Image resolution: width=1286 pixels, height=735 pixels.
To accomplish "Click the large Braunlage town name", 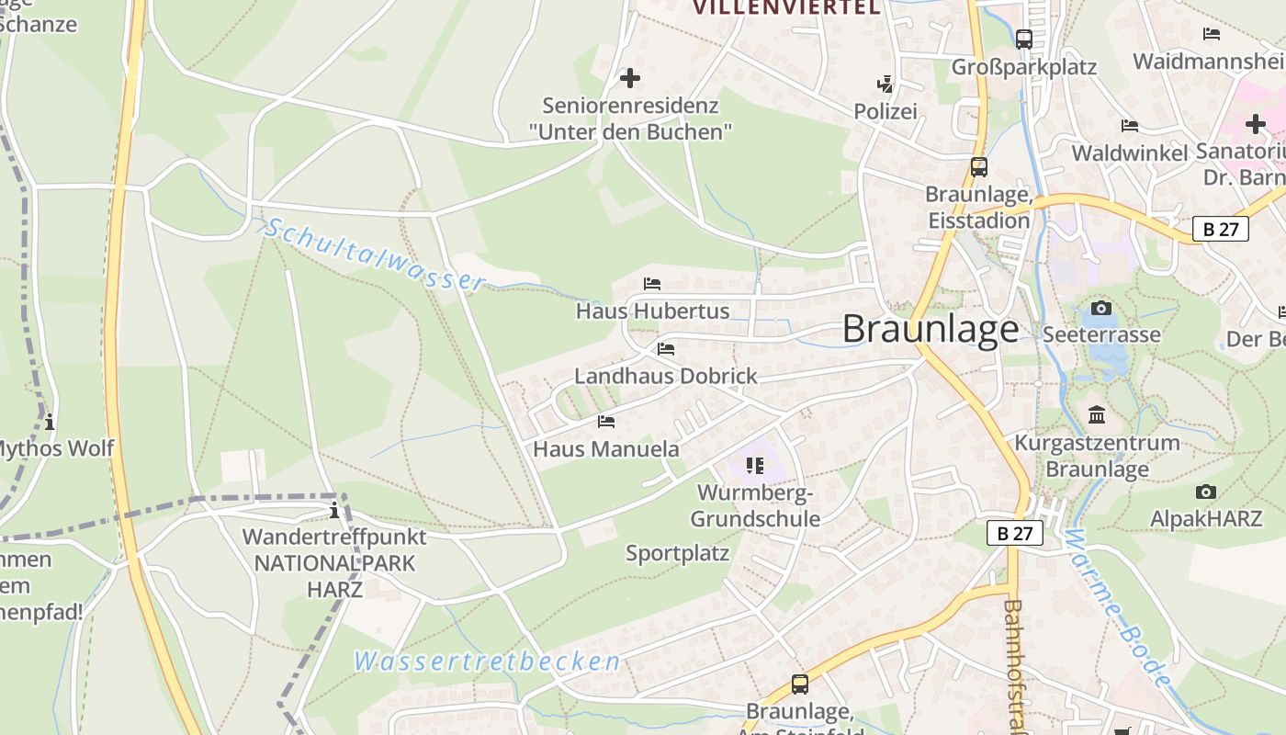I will click(930, 329).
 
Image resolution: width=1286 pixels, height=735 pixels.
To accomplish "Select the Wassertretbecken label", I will click(487, 661).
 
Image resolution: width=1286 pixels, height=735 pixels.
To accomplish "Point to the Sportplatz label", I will click(677, 553).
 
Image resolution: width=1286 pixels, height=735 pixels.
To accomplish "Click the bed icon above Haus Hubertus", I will click(652, 284).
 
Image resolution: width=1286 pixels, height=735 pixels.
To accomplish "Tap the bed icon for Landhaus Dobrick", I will click(666, 349).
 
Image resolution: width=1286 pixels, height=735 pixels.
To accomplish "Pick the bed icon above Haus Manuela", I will click(606, 422).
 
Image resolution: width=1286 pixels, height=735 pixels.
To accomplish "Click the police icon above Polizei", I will click(886, 85).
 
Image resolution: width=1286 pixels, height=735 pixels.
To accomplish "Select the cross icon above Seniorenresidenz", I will click(630, 78).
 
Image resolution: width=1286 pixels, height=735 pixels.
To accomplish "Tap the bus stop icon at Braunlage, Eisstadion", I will click(979, 167).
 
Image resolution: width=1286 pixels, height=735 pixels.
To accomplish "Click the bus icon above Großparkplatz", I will click(1024, 40).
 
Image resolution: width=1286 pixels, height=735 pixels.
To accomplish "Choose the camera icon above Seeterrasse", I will click(1100, 308).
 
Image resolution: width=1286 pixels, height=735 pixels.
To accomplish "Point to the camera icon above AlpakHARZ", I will click(1206, 492).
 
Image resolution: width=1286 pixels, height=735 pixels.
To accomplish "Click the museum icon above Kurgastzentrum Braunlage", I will click(1097, 415).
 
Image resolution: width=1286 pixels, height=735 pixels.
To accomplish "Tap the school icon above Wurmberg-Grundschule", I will click(755, 466).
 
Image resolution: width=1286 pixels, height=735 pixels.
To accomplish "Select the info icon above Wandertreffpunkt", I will click(334, 511).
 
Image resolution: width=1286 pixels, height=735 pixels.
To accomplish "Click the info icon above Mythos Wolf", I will click(50, 422).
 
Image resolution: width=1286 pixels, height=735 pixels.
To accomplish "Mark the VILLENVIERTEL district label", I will click(785, 8).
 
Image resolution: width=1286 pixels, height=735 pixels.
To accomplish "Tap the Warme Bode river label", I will click(1120, 608).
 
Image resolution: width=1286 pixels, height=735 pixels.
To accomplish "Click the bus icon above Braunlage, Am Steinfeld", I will click(800, 684).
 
